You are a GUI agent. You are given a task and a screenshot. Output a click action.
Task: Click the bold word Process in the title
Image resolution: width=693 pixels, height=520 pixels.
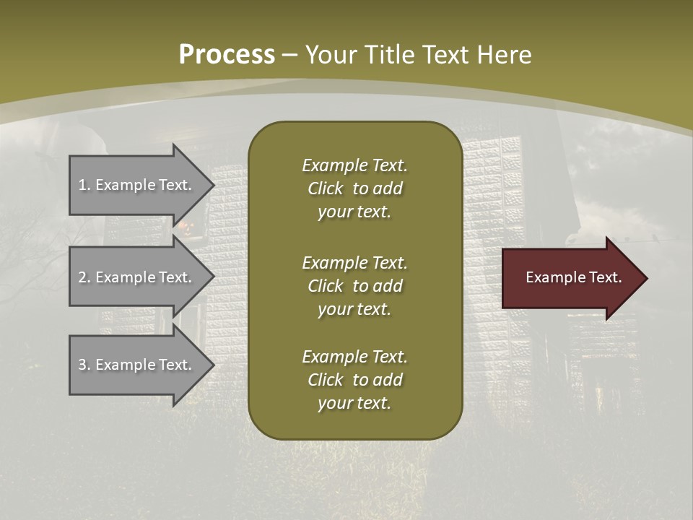pyautogui.click(x=227, y=55)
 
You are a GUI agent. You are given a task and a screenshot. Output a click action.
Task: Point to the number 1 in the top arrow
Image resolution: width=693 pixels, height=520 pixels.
pyautogui.click(x=82, y=185)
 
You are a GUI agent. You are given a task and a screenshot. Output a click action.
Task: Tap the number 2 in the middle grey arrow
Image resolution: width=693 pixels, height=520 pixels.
pyautogui.click(x=82, y=277)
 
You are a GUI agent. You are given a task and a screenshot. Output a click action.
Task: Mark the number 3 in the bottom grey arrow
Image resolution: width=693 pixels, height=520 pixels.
pyautogui.click(x=82, y=365)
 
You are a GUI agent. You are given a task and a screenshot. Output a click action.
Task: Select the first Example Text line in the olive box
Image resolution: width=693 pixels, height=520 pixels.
pyautogui.click(x=354, y=165)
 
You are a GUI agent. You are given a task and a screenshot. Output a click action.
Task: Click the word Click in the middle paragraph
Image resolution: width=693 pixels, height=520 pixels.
pyautogui.click(x=326, y=286)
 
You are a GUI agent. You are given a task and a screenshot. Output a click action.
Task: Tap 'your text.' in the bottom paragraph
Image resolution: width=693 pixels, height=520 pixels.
pyautogui.click(x=354, y=403)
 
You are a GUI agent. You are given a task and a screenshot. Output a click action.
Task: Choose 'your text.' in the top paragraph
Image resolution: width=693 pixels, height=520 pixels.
pyautogui.click(x=354, y=212)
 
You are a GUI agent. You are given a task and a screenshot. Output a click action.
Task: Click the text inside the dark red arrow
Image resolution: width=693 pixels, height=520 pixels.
pyautogui.click(x=574, y=277)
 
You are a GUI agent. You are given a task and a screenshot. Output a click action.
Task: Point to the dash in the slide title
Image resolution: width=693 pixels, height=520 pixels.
pyautogui.click(x=289, y=55)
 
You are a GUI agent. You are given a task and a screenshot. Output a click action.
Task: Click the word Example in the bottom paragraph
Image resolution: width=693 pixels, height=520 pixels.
pyautogui.click(x=334, y=357)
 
